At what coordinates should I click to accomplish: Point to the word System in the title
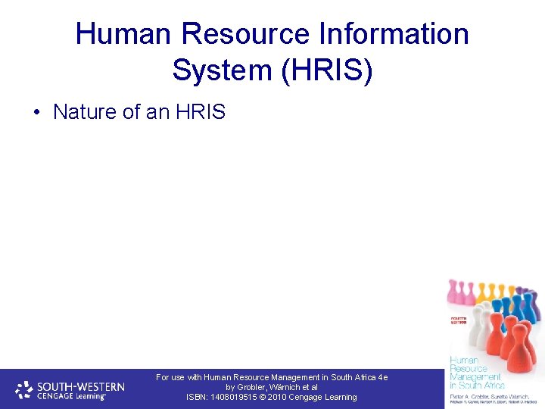tap(220, 70)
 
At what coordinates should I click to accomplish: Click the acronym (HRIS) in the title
tap(326, 70)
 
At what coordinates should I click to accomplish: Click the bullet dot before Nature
tap(36, 113)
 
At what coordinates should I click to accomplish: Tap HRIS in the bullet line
tap(200, 112)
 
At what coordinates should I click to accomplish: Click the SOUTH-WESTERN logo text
tap(81, 385)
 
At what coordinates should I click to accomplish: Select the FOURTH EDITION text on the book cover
tap(460, 321)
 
